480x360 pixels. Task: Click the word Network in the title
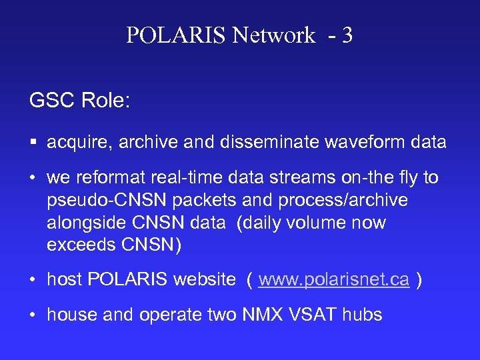[x=274, y=35]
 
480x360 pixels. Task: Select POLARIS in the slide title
[x=177, y=35]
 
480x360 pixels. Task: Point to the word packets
[x=189, y=200]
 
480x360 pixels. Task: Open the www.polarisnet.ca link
[x=333, y=280]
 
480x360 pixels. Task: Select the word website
[x=204, y=280]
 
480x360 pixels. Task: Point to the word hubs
[x=363, y=315]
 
